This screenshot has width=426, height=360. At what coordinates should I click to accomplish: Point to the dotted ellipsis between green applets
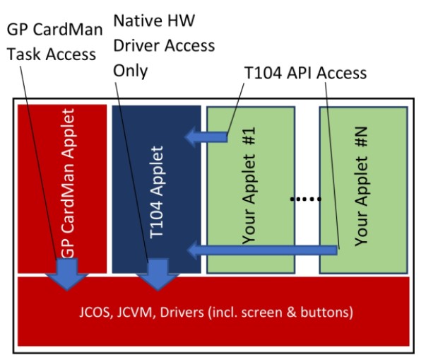307,199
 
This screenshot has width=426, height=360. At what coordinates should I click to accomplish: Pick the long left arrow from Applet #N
261,249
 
